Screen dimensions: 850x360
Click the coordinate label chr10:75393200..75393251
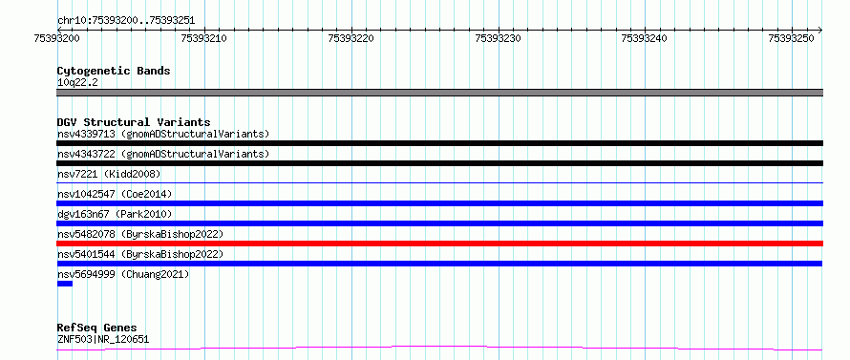(126, 21)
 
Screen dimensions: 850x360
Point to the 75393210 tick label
(204, 38)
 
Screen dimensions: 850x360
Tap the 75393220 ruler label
(351, 38)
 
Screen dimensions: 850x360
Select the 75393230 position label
(498, 38)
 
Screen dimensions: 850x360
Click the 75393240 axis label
(645, 38)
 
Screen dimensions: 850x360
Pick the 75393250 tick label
(791, 38)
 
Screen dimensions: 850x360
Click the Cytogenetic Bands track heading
(114, 71)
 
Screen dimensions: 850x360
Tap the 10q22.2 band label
(77, 83)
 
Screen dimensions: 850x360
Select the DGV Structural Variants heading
(134, 122)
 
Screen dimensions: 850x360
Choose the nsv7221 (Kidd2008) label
(109, 174)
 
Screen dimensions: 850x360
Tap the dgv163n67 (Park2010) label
(115, 214)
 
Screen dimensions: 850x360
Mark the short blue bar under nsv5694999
(65, 284)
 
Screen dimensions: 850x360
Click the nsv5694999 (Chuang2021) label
(123, 274)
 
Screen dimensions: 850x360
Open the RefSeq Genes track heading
(96, 328)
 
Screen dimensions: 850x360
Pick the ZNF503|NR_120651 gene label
(103, 340)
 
